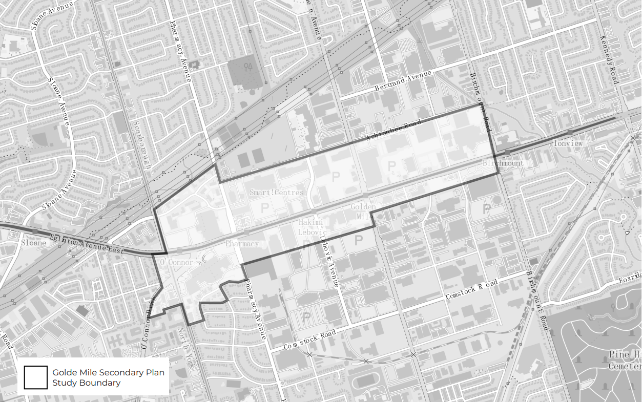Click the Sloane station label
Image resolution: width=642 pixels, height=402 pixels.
coord(33,243)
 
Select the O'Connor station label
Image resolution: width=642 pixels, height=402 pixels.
coord(177,263)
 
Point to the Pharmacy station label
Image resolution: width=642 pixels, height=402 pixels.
coord(242,244)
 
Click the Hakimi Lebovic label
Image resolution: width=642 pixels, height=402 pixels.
coord(313,227)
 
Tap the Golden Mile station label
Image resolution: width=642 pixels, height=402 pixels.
coord(363,211)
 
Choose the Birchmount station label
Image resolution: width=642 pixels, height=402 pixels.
coord(503,163)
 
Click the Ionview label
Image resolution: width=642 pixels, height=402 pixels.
coord(568,144)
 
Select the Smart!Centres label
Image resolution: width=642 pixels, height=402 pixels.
coord(277,193)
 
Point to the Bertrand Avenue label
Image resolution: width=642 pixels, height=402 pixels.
coord(403,80)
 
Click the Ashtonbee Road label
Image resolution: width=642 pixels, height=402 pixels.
coord(394,131)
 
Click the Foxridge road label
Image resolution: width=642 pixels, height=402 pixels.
coord(630,279)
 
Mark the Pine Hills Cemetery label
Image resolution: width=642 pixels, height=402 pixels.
coord(625,361)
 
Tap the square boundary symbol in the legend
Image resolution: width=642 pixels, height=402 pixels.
coord(35,377)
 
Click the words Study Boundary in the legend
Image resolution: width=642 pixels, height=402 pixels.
coord(87,383)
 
